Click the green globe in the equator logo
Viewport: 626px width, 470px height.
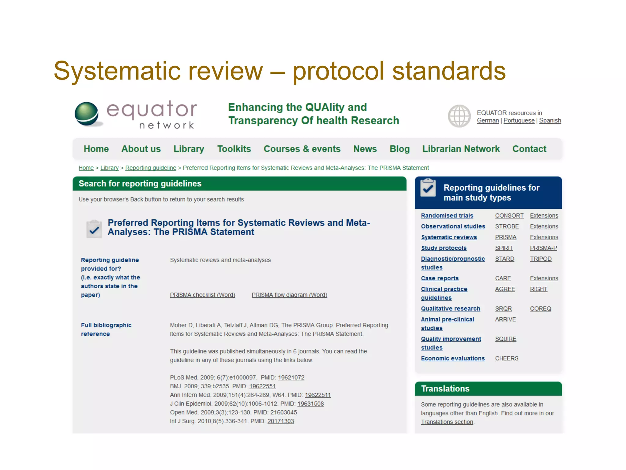tap(87, 114)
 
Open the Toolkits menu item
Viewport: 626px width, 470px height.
tap(234, 149)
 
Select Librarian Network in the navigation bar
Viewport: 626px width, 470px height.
tap(461, 149)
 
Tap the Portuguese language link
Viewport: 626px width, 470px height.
tap(519, 121)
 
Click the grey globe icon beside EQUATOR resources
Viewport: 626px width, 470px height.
tap(459, 116)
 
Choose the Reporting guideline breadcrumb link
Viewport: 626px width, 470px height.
tap(151, 168)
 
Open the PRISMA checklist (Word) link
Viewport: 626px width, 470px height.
tap(202, 295)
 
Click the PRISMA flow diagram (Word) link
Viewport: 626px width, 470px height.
tap(289, 295)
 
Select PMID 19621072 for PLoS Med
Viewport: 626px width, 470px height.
tap(291, 378)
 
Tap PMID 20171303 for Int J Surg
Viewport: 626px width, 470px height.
tap(281, 421)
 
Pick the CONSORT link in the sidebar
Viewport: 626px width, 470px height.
tap(509, 216)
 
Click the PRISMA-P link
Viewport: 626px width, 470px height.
tap(543, 248)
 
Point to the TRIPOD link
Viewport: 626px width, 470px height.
tap(540, 259)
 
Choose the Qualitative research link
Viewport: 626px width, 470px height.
tap(450, 309)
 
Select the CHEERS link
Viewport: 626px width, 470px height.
tap(506, 359)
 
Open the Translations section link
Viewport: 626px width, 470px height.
tap(447, 422)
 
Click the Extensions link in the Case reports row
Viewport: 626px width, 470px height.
tap(544, 278)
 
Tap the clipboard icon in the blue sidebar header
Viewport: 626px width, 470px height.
tap(428, 188)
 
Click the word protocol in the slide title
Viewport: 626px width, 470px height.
tap(338, 71)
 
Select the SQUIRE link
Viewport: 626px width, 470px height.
tap(506, 339)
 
